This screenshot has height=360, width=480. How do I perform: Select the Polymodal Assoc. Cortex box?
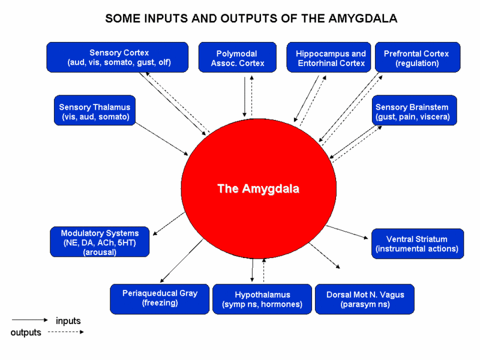click(238, 58)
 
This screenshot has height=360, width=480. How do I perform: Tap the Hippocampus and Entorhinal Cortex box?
click(331, 58)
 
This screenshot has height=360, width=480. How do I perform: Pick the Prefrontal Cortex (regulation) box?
click(417, 58)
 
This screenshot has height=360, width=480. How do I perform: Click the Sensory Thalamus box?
click(95, 112)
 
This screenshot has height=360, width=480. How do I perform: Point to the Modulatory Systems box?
click(100, 242)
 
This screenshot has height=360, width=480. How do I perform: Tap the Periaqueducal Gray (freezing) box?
click(160, 298)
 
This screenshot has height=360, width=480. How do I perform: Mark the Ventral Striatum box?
click(417, 244)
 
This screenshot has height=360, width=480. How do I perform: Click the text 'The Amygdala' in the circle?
click(258, 189)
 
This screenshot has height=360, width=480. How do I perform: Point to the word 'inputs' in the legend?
click(68, 321)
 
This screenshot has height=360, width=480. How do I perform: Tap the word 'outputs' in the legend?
click(26, 332)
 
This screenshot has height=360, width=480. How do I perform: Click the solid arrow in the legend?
click(29, 320)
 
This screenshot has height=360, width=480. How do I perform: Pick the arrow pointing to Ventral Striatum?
click(346, 232)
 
